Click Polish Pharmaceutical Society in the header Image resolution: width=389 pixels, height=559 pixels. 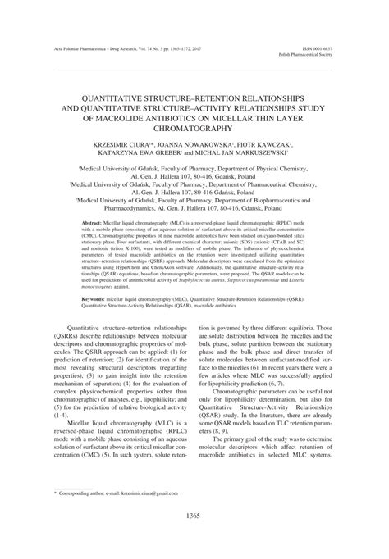click(x=314, y=55)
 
